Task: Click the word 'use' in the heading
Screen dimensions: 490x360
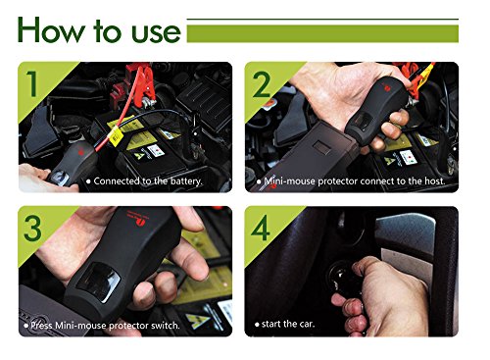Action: [156, 33]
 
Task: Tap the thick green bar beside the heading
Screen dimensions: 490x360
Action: [322, 34]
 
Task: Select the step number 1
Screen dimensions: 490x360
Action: [32, 83]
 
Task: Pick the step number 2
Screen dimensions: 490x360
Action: [262, 84]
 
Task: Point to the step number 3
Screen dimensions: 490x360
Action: [32, 229]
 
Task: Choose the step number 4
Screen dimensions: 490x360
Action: [261, 228]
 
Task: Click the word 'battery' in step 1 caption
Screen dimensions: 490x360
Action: [185, 181]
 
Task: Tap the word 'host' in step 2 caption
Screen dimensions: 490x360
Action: [434, 180]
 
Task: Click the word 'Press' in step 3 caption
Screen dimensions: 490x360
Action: [41, 326]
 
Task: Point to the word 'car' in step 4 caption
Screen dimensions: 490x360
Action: [307, 324]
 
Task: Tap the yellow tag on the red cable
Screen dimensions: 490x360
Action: [115, 137]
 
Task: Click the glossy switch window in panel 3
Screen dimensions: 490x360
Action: [98, 282]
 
